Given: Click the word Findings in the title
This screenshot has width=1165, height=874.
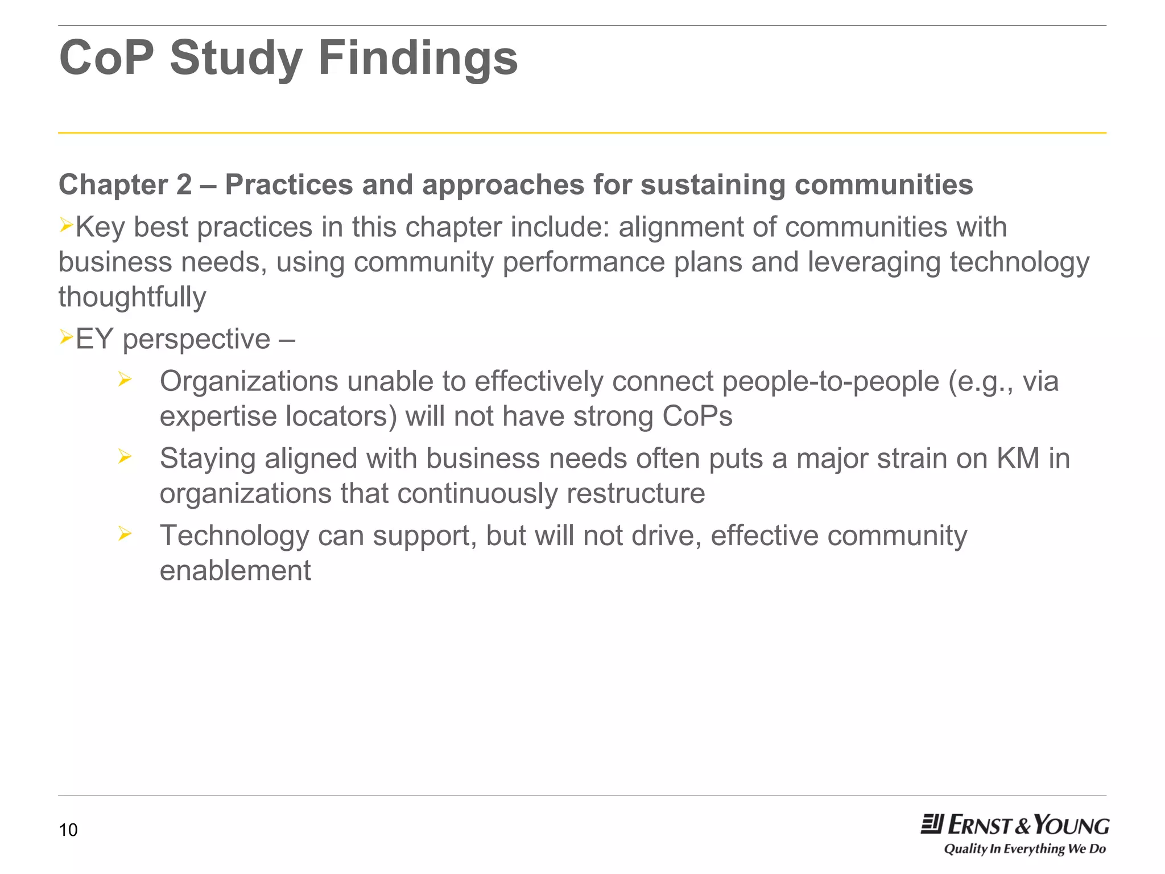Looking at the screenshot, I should click(x=418, y=58).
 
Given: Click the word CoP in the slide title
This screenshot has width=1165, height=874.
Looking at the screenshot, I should click(x=106, y=58).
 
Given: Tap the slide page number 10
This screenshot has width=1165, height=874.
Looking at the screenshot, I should click(x=68, y=830).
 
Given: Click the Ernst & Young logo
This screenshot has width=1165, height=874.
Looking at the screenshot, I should click(x=1015, y=825).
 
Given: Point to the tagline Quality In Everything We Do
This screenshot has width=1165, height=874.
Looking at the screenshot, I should click(x=1024, y=849).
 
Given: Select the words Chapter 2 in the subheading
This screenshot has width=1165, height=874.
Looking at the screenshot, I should click(x=125, y=185).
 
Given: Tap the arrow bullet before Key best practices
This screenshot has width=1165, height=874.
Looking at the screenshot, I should click(x=66, y=226).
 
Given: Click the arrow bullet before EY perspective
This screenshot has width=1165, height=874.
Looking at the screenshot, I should click(x=66, y=338).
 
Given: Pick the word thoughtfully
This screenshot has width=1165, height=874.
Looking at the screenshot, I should click(x=132, y=297).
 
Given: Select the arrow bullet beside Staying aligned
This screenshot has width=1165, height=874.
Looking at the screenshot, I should click(x=125, y=456).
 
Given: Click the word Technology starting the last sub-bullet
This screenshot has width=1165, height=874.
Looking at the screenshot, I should click(x=234, y=536).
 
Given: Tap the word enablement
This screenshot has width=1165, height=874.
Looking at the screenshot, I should click(x=235, y=571).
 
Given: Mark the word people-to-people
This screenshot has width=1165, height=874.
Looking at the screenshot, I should click(x=830, y=381).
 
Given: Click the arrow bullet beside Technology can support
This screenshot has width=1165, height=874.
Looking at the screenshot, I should click(x=125, y=534).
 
